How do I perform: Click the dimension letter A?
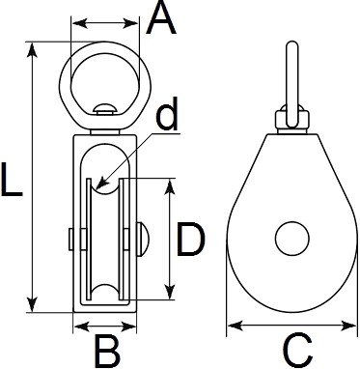(161, 17)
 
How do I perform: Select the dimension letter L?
(12, 179)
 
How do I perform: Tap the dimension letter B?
(107, 351)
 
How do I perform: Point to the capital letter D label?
(191, 240)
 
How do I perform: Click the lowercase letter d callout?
(167, 114)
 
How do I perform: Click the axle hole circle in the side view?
(292, 239)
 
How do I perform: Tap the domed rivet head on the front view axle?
(143, 239)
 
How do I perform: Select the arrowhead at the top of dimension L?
(32, 49)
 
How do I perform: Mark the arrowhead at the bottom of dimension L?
(32, 304)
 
